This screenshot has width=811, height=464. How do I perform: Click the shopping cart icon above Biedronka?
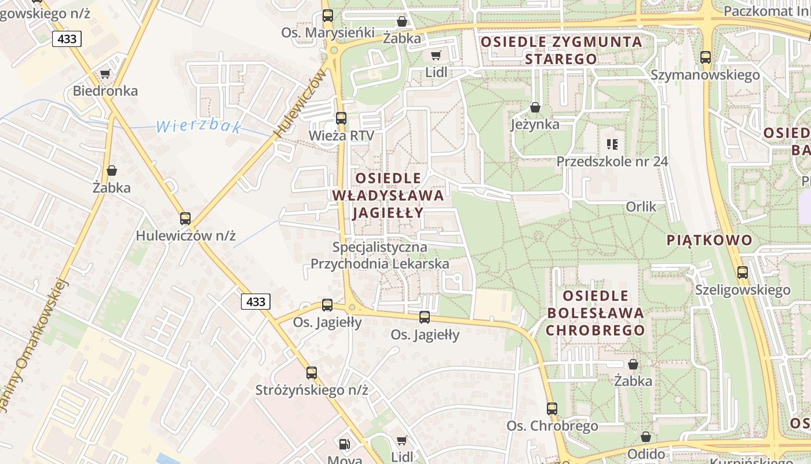tap(105, 74)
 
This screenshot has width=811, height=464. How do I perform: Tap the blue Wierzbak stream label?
tap(199, 126)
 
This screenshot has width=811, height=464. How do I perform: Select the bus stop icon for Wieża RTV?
tap(341, 118)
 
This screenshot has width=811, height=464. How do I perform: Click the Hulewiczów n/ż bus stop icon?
tap(185, 219)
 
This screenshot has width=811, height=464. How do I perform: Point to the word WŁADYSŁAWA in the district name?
tap(388, 195)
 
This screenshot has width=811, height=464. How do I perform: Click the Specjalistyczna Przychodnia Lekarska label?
tap(379, 255)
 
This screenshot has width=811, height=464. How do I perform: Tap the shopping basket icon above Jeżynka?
tap(535, 107)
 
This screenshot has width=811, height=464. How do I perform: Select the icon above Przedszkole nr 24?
tap(612, 144)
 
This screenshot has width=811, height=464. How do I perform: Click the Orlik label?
tap(641, 206)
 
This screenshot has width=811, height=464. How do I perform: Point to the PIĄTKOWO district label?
tap(710, 240)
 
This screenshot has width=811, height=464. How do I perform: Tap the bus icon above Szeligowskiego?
tap(743, 273)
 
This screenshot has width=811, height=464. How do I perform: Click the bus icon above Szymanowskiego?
tap(705, 57)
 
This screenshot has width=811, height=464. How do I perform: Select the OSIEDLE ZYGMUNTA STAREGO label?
tap(561, 50)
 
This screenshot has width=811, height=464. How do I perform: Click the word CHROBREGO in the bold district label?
tap(595, 331)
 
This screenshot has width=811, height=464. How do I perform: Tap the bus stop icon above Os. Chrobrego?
tap(552, 409)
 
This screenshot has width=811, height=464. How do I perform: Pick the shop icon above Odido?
tap(646, 437)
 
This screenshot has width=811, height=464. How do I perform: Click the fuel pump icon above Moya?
tap(345, 444)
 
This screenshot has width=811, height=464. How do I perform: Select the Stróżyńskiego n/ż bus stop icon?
tap(312, 373)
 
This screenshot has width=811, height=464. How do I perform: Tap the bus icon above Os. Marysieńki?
tap(328, 16)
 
